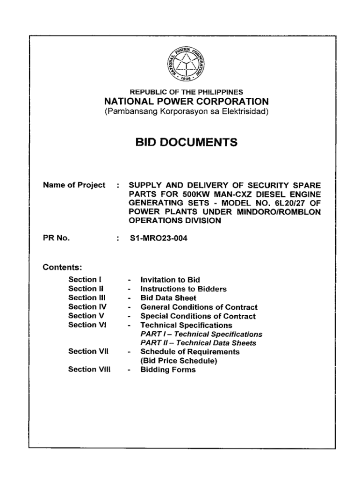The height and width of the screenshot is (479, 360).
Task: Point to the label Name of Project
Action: point(74,185)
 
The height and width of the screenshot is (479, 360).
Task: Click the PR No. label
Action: point(57,239)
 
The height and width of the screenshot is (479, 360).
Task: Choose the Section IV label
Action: point(87,307)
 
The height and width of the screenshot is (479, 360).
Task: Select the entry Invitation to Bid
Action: point(170,280)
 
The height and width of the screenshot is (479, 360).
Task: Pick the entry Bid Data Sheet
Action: point(168,298)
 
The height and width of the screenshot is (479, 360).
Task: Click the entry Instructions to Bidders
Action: point(183,289)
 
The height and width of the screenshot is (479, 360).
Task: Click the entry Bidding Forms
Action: point(168,370)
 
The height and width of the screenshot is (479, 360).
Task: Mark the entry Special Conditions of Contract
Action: point(198,316)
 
